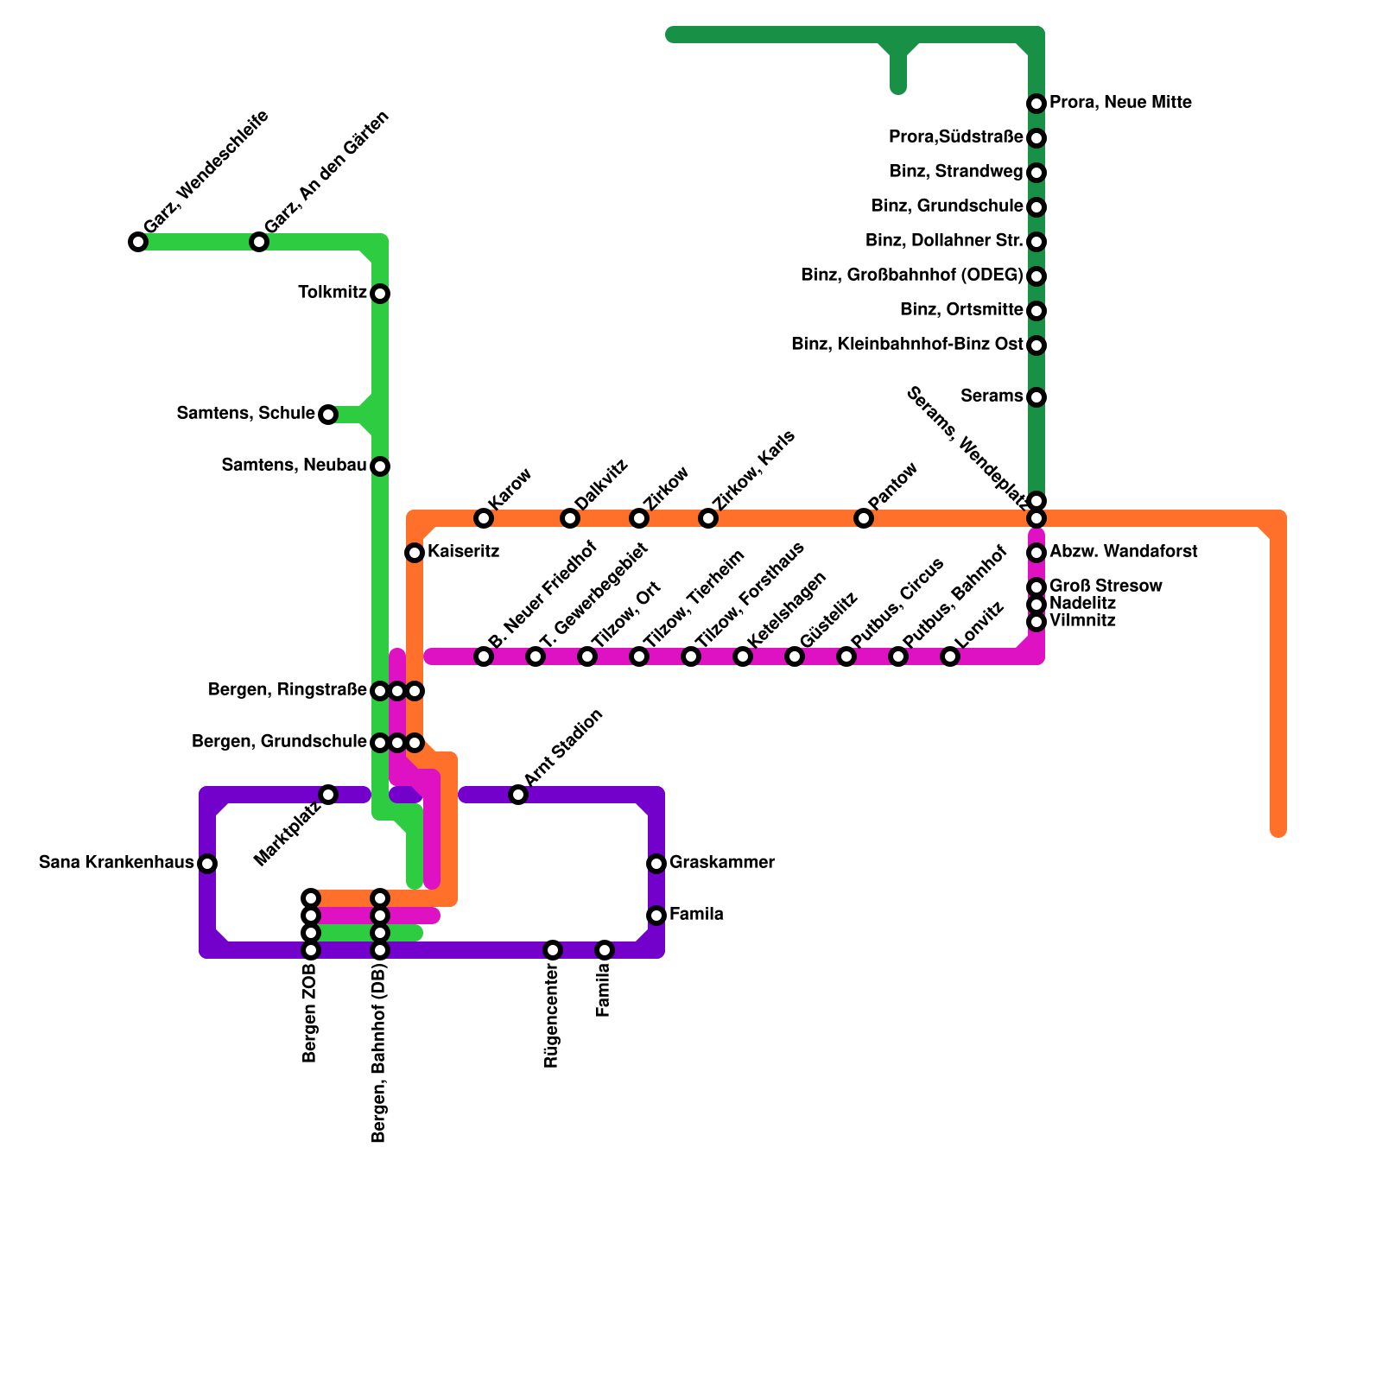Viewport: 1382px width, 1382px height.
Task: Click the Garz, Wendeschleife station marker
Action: coord(138,242)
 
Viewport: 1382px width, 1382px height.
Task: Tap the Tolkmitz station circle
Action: coord(380,294)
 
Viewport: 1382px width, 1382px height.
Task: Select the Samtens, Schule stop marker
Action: coord(328,415)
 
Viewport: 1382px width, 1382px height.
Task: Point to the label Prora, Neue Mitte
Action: coord(1120,103)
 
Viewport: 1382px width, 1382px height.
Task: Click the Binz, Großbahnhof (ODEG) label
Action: coord(911,276)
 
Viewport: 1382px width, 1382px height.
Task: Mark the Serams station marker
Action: coord(1036,397)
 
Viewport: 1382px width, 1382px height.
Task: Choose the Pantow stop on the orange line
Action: coord(864,518)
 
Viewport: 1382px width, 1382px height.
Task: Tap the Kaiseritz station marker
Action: coord(415,553)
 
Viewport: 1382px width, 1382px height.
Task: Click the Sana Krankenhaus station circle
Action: coord(207,864)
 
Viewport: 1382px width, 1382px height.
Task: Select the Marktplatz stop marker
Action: coord(328,795)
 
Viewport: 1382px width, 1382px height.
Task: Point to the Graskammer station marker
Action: coord(656,864)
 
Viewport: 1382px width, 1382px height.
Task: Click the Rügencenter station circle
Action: coord(553,950)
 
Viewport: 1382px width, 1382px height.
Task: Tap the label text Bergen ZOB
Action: coord(310,1013)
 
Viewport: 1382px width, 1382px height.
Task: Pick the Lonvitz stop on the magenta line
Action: coord(950,656)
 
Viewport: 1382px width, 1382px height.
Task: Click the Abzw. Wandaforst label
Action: coord(1123,552)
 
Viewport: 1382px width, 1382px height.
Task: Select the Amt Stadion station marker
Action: coord(518,795)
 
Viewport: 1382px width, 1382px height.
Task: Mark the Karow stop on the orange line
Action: coord(484,518)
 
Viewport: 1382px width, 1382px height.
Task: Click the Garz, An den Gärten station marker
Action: coord(259,242)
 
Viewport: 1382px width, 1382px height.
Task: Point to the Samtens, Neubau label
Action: coord(294,466)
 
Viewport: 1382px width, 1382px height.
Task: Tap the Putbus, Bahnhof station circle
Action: coord(898,656)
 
